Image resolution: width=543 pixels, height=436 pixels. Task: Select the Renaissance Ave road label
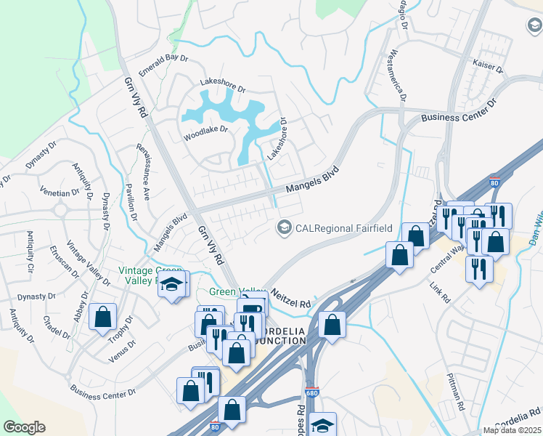click(x=142, y=171)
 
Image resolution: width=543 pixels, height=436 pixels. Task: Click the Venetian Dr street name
click(x=61, y=193)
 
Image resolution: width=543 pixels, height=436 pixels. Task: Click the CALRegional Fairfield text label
click(x=343, y=228)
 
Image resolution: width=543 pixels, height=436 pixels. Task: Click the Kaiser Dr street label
click(x=488, y=67)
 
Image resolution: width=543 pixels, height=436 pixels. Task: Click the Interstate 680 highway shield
click(x=311, y=392)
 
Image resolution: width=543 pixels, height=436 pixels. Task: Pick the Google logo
click(x=24, y=427)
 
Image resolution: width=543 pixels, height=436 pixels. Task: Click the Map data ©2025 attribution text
click(x=512, y=430)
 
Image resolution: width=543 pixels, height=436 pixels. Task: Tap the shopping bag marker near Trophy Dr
click(x=102, y=316)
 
